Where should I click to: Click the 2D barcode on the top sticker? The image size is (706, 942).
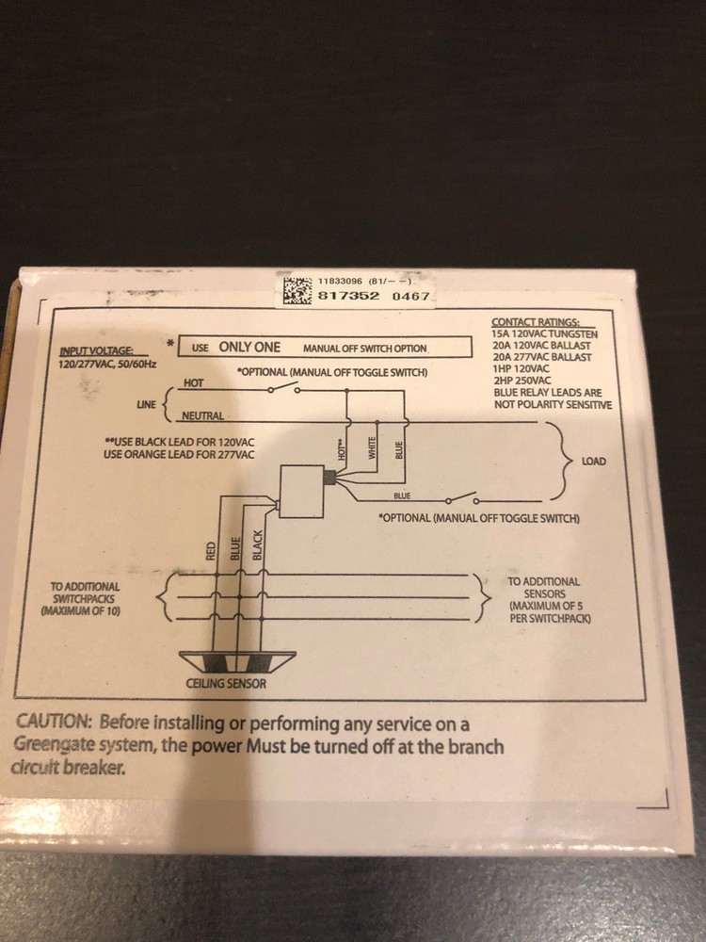pyautogui.click(x=297, y=289)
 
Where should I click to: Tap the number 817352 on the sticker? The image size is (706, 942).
pyautogui.click(x=348, y=296)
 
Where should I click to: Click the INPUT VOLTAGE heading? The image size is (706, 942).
pyautogui.click(x=97, y=351)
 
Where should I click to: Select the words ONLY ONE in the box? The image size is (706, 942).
pyautogui.click(x=249, y=348)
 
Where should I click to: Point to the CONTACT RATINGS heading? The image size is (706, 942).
pyautogui.click(x=536, y=322)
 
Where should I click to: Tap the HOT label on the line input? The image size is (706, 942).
pyautogui.click(x=193, y=382)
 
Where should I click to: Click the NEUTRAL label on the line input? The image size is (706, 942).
pyautogui.click(x=203, y=415)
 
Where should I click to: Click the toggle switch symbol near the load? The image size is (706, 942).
pyautogui.click(x=461, y=499)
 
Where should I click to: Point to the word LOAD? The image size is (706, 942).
pyautogui.click(x=594, y=462)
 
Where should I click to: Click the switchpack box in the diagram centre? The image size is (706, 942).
pyautogui.click(x=302, y=491)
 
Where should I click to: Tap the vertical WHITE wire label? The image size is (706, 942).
pyautogui.click(x=372, y=448)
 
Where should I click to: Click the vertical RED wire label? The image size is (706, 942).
pyautogui.click(x=210, y=551)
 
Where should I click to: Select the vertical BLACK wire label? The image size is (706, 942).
pyautogui.click(x=258, y=545)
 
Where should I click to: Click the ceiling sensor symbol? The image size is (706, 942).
pyautogui.click(x=238, y=661)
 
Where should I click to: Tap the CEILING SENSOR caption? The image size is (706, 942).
pyautogui.click(x=226, y=683)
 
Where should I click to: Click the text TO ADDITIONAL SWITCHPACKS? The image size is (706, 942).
pyautogui.click(x=85, y=593)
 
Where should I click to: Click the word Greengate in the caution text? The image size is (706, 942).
pyautogui.click(x=51, y=745)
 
